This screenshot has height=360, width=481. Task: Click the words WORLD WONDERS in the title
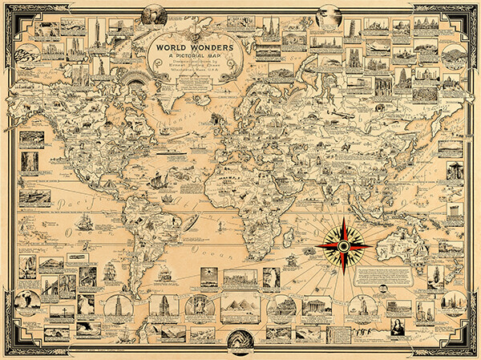tap(189, 46)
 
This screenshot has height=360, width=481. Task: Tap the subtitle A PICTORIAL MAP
tap(188, 58)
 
